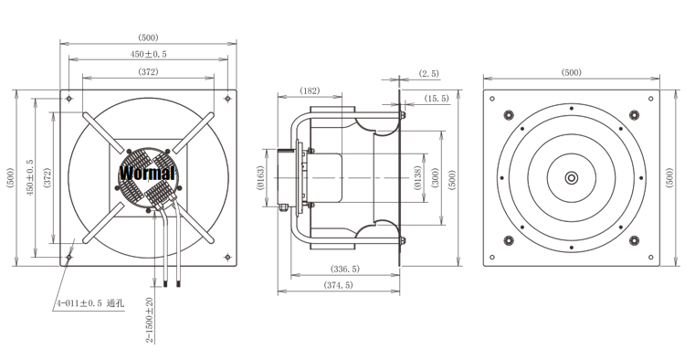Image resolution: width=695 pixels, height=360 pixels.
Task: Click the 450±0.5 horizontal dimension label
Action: [148, 54]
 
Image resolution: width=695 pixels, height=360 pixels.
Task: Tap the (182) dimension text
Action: [310, 90]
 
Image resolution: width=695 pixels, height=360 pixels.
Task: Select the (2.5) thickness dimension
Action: [429, 74]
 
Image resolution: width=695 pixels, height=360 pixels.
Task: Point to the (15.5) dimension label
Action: [437, 99]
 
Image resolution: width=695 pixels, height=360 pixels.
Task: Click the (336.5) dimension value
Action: [345, 269]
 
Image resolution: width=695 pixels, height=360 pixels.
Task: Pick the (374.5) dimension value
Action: [339, 285]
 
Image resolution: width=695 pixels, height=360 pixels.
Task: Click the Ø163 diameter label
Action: [260, 178]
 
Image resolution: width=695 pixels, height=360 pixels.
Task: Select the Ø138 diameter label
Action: [417, 178]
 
